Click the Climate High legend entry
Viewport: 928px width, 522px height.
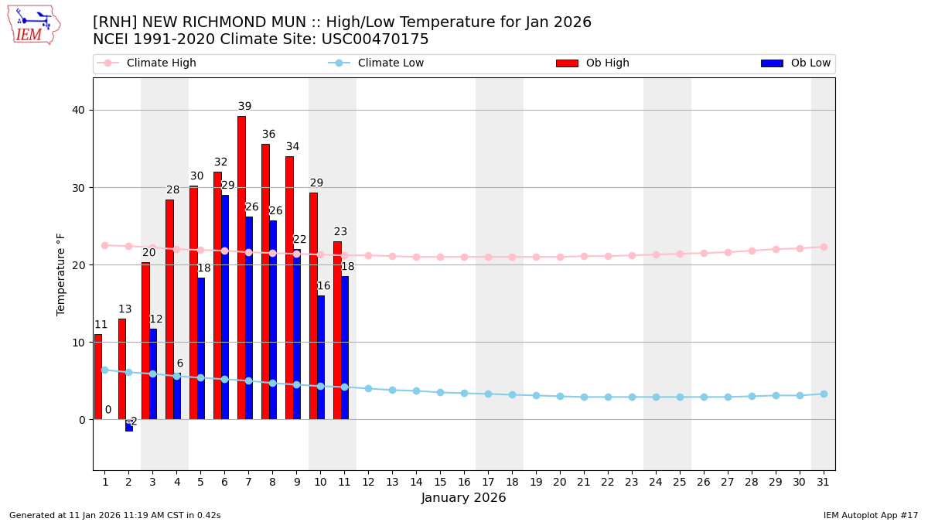(x=161, y=63)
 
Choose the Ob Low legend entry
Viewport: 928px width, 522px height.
(x=810, y=63)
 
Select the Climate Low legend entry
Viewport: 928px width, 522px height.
(x=391, y=63)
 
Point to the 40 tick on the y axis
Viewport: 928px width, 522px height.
(x=79, y=110)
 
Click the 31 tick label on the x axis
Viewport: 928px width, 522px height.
(x=823, y=482)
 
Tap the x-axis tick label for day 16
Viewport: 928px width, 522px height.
(x=464, y=482)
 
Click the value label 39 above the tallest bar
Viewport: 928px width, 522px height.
(x=244, y=107)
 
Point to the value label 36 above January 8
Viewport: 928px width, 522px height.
(x=268, y=135)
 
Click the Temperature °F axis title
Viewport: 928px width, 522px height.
(x=61, y=274)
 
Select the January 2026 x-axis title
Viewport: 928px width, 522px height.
(x=463, y=498)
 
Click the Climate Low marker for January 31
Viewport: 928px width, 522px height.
(x=824, y=394)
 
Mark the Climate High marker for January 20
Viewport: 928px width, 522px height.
(x=560, y=257)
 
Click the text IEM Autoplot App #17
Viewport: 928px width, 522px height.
(x=870, y=515)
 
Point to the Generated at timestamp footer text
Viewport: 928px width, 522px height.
(x=114, y=515)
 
